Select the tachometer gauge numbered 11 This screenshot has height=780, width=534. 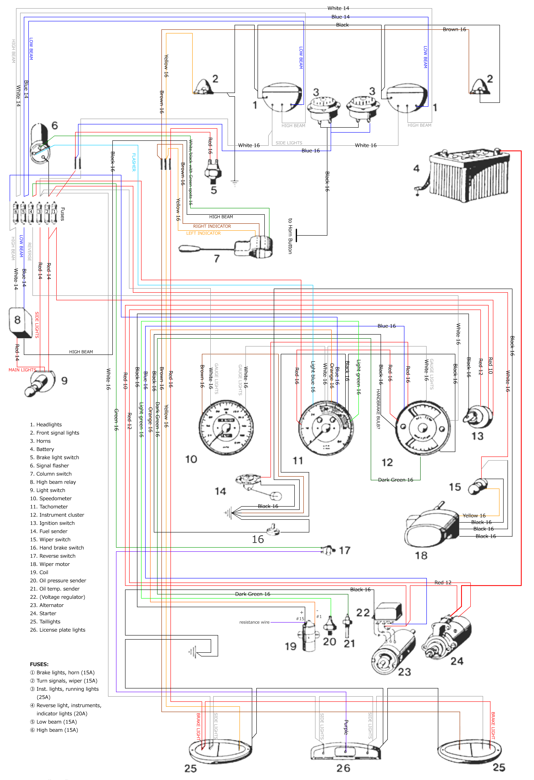pyautogui.click(x=325, y=428)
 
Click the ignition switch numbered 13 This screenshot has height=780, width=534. pyautogui.click(x=478, y=416)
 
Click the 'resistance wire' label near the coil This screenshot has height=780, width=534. pyautogui.click(x=254, y=622)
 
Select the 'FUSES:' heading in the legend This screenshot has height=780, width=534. pyautogui.click(x=39, y=664)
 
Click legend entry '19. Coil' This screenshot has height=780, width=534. pyautogui.click(x=39, y=572)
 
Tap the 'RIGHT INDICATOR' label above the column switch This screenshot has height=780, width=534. pyautogui.click(x=212, y=226)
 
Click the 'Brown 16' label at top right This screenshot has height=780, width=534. pyautogui.click(x=454, y=30)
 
